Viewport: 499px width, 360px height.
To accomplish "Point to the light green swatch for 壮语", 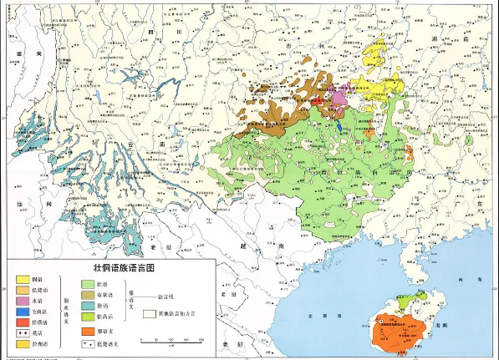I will click(x=87, y=285).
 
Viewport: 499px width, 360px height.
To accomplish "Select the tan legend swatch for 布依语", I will click(x=87, y=295).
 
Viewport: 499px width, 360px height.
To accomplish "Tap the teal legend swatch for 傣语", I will click(x=87, y=306).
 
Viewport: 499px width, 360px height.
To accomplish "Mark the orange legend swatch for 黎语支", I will click(x=87, y=332).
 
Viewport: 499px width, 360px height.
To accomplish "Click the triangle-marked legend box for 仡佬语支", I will click(x=87, y=343).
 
